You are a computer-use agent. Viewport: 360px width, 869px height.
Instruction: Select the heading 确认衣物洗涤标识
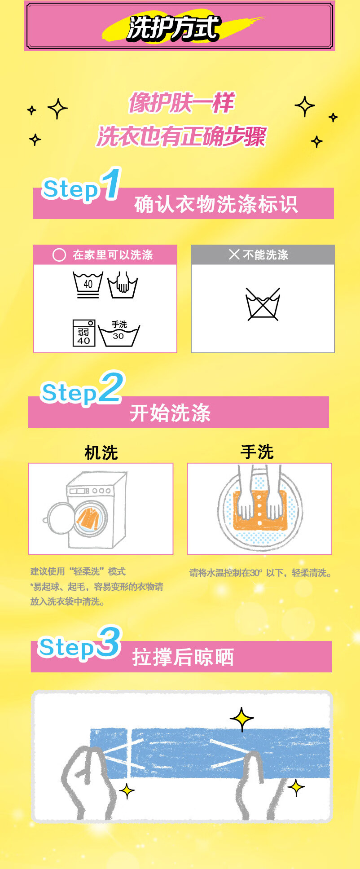point(216,204)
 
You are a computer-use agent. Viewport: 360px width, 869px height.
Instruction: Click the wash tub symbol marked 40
point(88,285)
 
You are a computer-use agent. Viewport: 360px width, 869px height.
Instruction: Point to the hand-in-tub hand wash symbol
point(122,285)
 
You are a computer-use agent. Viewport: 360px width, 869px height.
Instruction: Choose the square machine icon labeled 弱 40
point(84,333)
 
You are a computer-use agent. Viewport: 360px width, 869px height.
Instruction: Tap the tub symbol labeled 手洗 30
point(119,333)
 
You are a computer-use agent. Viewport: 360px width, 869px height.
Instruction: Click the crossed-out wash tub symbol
point(263,304)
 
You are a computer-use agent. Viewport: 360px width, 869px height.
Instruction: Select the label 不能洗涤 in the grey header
point(265,255)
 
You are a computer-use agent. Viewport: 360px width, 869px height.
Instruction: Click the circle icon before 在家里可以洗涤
point(59,255)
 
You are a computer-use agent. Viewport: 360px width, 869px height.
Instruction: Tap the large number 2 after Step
point(110,387)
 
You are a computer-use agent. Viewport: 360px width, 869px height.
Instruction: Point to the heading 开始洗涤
point(170,413)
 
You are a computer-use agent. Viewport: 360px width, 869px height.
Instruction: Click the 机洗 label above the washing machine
point(101,453)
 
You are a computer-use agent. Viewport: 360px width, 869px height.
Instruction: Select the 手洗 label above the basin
point(257,452)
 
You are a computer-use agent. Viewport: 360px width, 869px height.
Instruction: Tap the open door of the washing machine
point(61,518)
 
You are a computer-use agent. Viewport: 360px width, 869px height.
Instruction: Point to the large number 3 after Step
point(109,642)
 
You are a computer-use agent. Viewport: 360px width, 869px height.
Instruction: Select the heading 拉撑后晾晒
point(183,657)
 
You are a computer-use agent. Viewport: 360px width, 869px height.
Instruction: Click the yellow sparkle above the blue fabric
point(242,719)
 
